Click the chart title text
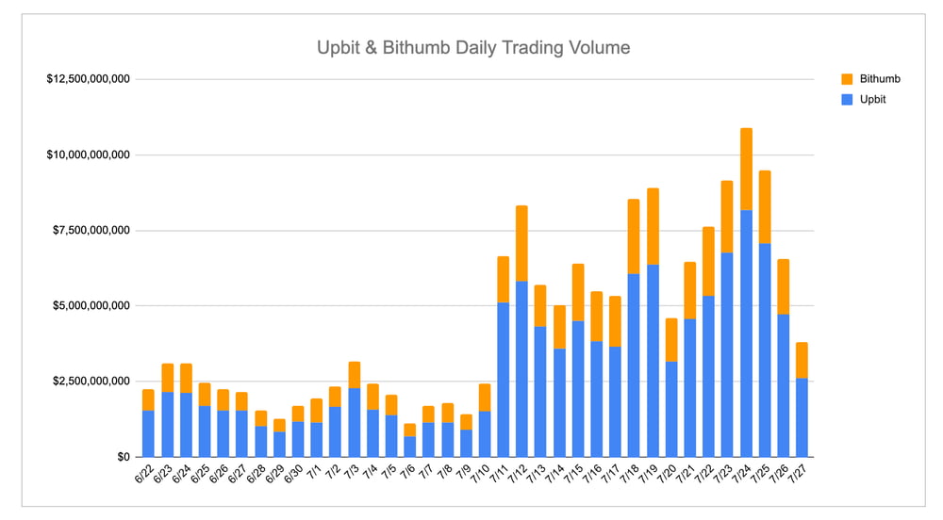[x=472, y=46]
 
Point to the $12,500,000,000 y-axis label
[x=88, y=79]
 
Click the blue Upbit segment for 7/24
[x=746, y=333]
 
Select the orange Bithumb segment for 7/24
[x=746, y=170]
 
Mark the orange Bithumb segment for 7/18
[x=634, y=236]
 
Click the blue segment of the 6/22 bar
[x=149, y=433]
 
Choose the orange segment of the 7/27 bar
[x=802, y=361]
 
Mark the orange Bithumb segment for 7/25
[x=765, y=207]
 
